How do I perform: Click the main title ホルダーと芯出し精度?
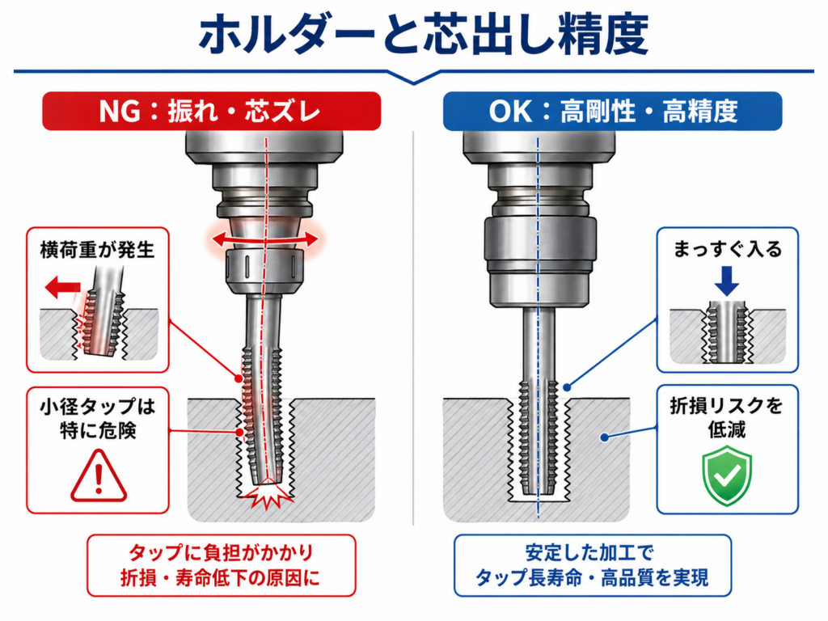pyautogui.click(x=423, y=35)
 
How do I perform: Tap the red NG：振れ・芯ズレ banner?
pyautogui.click(x=211, y=111)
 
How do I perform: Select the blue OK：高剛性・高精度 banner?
pyautogui.click(x=613, y=111)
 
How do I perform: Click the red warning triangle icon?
pyautogui.click(x=99, y=475)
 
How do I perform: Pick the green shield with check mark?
pyautogui.click(x=727, y=475)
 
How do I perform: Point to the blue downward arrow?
pyautogui.click(x=727, y=281)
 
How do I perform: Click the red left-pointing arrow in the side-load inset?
pyautogui.click(x=63, y=288)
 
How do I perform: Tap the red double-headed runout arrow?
pyautogui.click(x=265, y=239)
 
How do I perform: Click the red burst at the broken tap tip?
pyautogui.click(x=268, y=494)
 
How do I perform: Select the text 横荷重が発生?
pyautogui.click(x=97, y=250)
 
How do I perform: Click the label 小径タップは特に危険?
pyautogui.click(x=98, y=418)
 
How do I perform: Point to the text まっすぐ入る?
pyautogui.click(x=727, y=249)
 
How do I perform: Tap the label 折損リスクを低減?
pyautogui.click(x=727, y=417)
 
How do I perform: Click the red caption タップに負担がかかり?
pyautogui.click(x=222, y=553)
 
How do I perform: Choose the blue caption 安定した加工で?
pyautogui.click(x=589, y=553)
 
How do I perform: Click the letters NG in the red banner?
pyautogui.click(x=120, y=112)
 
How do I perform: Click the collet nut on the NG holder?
pyautogui.click(x=264, y=270)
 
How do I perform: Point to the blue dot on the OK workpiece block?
pyautogui.click(x=605, y=437)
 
